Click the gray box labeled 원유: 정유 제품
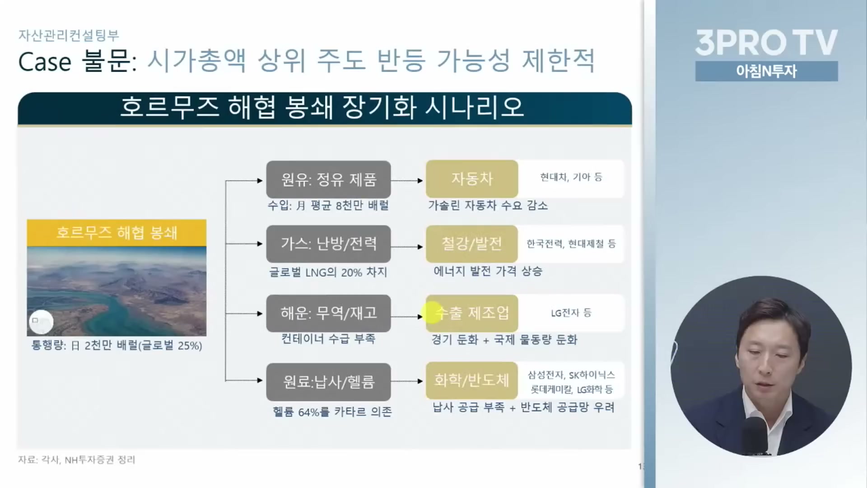[x=328, y=179]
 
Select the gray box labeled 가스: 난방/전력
[x=328, y=244]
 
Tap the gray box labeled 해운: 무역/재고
[x=328, y=313]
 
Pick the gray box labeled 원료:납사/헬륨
[x=328, y=382]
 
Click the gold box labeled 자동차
[x=472, y=179]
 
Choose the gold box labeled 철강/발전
[x=472, y=244]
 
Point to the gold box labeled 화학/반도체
[x=472, y=380]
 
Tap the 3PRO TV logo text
[x=766, y=42]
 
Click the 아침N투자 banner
[x=766, y=71]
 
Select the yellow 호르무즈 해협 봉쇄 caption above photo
[x=117, y=233]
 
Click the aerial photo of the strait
[x=117, y=291]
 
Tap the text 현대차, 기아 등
[x=571, y=177]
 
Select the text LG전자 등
[x=571, y=313]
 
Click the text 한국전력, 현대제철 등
[x=571, y=244]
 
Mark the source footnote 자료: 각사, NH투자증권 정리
[x=77, y=460]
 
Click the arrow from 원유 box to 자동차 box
[x=407, y=181]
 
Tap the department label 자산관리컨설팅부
[x=69, y=35]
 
